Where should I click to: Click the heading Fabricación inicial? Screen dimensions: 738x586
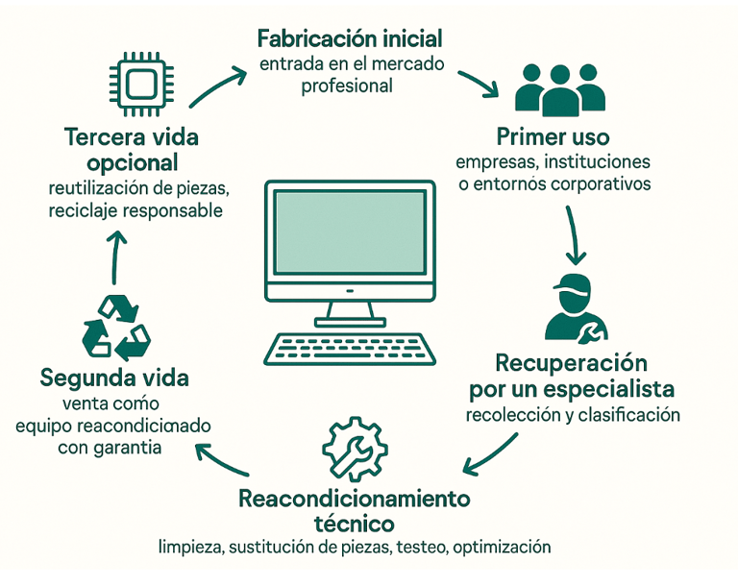click(350, 39)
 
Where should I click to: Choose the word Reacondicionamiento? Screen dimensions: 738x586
click(355, 500)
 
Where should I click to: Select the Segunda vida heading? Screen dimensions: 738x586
click(114, 378)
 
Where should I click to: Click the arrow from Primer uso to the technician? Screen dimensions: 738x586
click(574, 231)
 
